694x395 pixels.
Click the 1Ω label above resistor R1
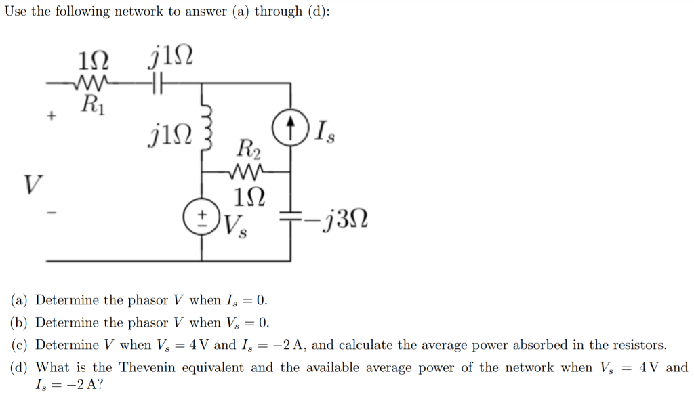click(93, 62)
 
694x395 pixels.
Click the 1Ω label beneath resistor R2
click(246, 196)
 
